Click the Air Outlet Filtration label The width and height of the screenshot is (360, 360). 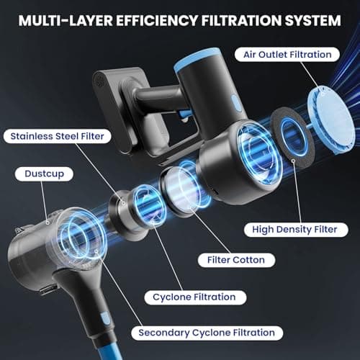287,55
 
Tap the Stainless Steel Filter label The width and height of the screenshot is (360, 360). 57,136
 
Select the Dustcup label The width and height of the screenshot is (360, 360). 44,174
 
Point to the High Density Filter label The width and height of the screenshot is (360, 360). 296,230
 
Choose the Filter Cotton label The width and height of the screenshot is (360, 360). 236,260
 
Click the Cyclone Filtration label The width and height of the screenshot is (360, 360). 195,297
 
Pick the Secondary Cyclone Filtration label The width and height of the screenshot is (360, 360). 207,333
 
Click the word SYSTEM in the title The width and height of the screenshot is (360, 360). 312,21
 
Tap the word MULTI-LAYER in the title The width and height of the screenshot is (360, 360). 66,21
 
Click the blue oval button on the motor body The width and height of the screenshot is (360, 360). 236,104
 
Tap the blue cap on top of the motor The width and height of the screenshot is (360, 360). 197,58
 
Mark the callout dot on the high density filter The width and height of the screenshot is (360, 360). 293,161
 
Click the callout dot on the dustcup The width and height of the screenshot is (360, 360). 48,223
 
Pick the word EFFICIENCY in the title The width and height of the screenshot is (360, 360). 157,21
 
